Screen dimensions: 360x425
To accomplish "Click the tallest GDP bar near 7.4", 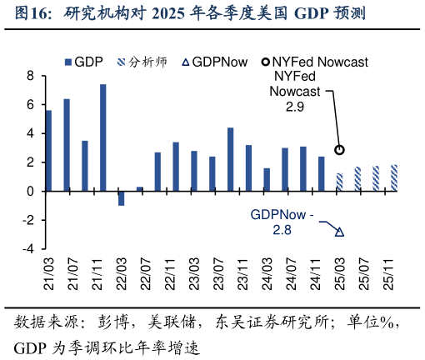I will click(x=103, y=137).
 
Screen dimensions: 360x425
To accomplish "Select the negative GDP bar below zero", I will click(x=121, y=198).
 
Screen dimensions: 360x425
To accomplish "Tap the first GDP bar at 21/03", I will click(x=48, y=151).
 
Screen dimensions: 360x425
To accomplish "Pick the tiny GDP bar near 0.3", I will click(x=139, y=189).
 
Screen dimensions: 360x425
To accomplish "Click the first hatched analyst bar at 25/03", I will click(x=339, y=182).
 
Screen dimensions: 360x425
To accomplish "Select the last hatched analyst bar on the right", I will click(x=394, y=178).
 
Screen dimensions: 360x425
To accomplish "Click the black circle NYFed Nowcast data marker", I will click(x=339, y=150).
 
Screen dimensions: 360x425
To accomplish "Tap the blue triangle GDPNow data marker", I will click(x=339, y=232).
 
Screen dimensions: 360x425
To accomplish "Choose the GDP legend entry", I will click(x=83, y=62).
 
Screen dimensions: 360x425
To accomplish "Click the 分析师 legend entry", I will click(x=145, y=62).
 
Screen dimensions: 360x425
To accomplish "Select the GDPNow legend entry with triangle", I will click(x=214, y=62).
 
